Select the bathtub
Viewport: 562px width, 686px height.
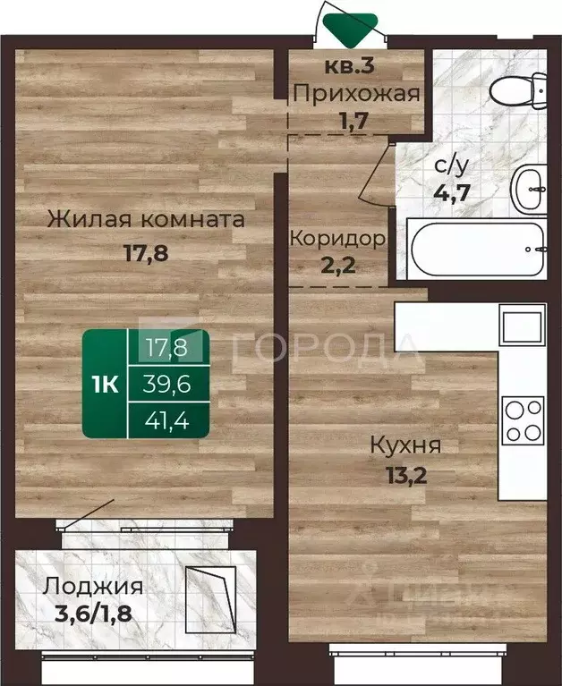click(x=474, y=248)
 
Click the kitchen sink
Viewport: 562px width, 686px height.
click(x=522, y=326)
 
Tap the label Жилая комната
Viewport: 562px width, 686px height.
click(x=147, y=219)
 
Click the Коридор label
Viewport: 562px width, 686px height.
click(x=337, y=239)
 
